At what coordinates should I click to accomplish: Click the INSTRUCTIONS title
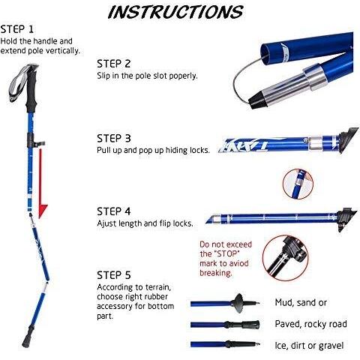pyautogui.click(x=175, y=12)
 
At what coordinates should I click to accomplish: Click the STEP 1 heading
pyautogui.click(x=17, y=29)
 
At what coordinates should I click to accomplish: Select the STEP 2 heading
pyautogui.click(x=114, y=64)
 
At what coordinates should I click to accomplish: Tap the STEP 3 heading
pyautogui.click(x=114, y=138)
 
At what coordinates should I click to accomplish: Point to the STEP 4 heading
pyautogui.click(x=114, y=211)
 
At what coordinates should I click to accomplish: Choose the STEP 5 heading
pyautogui.click(x=114, y=275)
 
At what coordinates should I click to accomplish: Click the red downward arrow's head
pyautogui.click(x=43, y=211)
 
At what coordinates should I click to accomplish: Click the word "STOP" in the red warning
pyautogui.click(x=227, y=253)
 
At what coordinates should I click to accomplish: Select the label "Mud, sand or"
pyautogui.click(x=301, y=302)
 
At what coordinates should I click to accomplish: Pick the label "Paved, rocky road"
pyautogui.click(x=310, y=324)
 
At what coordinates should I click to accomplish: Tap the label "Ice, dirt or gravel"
pyautogui.click(x=309, y=346)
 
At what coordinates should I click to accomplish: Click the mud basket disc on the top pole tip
pyautogui.click(x=239, y=303)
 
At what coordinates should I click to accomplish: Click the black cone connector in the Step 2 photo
pyautogui.click(x=258, y=100)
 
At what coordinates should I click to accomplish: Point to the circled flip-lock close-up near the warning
pyautogui.click(x=285, y=258)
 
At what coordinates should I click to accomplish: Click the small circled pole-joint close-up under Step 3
pyautogui.click(x=298, y=184)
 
